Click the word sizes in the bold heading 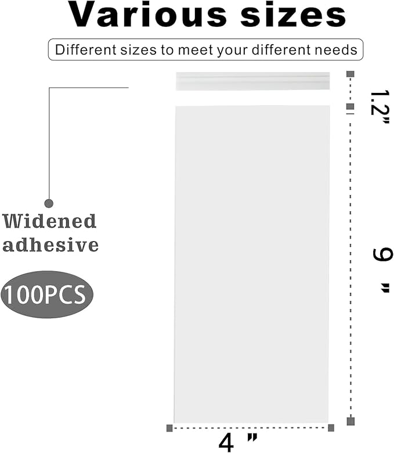click(293, 15)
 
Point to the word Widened click(49, 221)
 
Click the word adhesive click(50, 245)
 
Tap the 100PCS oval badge click(47, 294)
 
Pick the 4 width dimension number click(226, 443)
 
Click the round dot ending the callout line click(49, 203)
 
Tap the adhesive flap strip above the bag click(253, 81)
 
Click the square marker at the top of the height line click(350, 74)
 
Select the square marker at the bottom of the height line click(350, 421)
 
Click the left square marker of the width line click(169, 428)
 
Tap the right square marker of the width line click(331, 428)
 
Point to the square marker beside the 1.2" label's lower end click(350, 107)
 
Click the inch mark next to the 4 click(252, 438)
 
